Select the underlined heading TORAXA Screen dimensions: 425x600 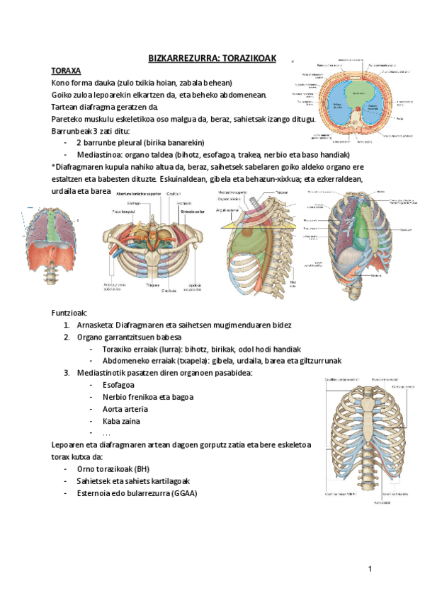[67, 71]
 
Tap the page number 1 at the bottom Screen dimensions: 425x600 [370, 569]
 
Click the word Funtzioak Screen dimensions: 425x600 [69, 312]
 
